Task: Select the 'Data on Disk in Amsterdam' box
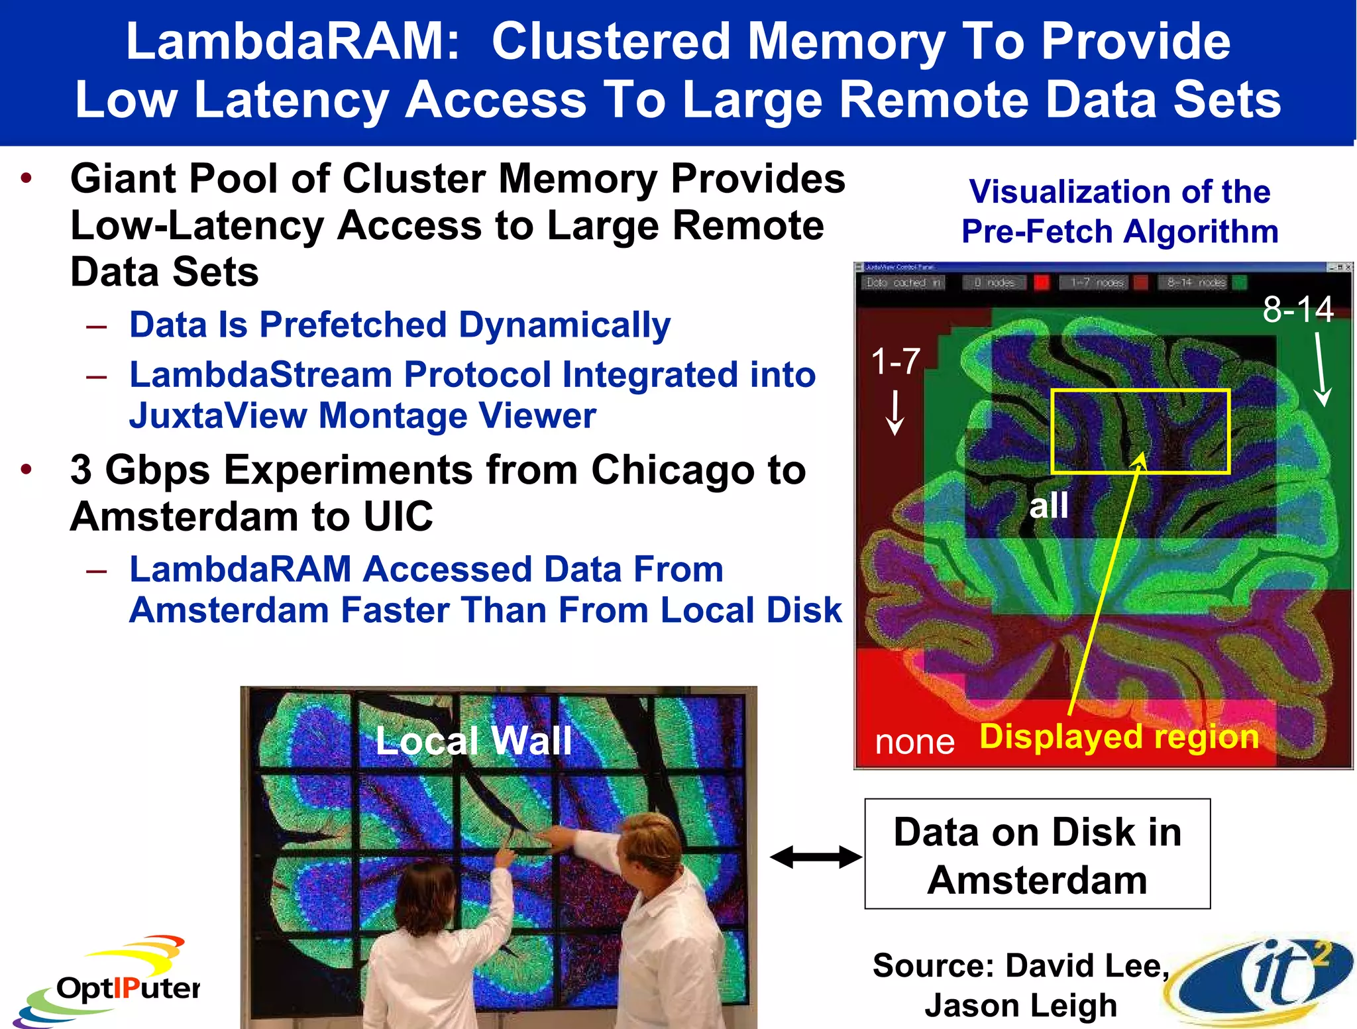tap(1037, 854)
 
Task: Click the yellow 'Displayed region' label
tap(1119, 736)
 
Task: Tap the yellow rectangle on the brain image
tap(1140, 431)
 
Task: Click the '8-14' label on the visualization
tap(1298, 309)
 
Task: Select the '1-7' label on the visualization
tap(895, 362)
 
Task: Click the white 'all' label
tap(1048, 506)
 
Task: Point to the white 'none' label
tap(914, 741)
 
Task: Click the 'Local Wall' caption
tap(473, 740)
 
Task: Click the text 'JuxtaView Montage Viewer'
tap(362, 416)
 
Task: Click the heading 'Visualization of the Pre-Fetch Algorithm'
tap(1119, 211)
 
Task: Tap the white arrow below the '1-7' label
tap(895, 412)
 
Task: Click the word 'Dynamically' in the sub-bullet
tap(565, 325)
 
